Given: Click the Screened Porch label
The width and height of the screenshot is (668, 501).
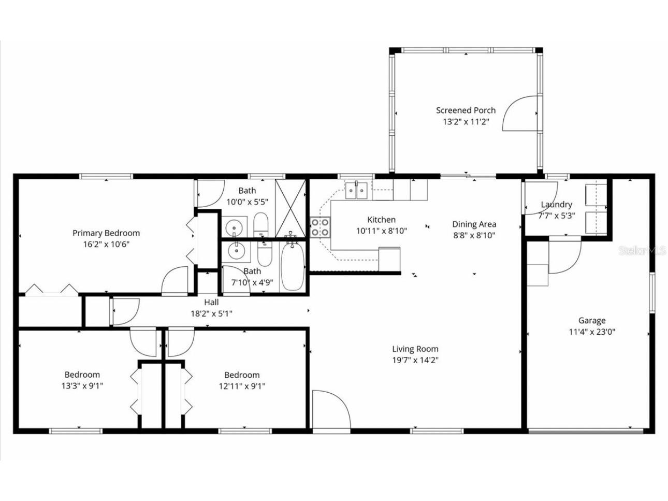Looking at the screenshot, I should tap(465, 110).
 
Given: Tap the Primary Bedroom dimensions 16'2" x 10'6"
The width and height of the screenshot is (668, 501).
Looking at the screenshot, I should tap(106, 245).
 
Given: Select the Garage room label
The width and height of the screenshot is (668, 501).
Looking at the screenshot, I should tap(591, 321).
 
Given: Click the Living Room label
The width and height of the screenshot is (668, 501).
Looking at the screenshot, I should tap(415, 349).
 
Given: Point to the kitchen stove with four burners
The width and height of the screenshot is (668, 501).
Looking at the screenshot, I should tap(321, 227).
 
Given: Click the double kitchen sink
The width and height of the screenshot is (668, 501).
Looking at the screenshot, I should tap(356, 190).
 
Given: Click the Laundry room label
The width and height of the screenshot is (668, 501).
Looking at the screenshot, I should tap(556, 205).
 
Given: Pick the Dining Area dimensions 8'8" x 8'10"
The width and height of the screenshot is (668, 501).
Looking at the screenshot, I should tap(474, 235).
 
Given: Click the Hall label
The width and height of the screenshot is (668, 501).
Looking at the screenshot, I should tap(211, 303).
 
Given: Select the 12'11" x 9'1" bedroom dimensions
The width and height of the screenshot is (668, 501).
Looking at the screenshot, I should tap(242, 386).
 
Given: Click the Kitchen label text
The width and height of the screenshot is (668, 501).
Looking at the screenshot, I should tap(381, 220).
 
